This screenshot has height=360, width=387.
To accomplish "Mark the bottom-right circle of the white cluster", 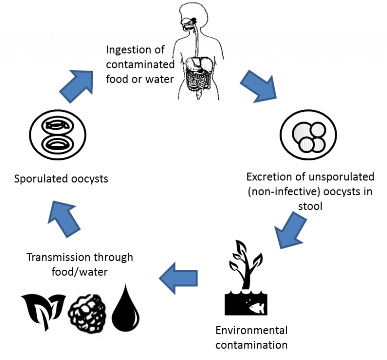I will pyautogui.click(x=318, y=145).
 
